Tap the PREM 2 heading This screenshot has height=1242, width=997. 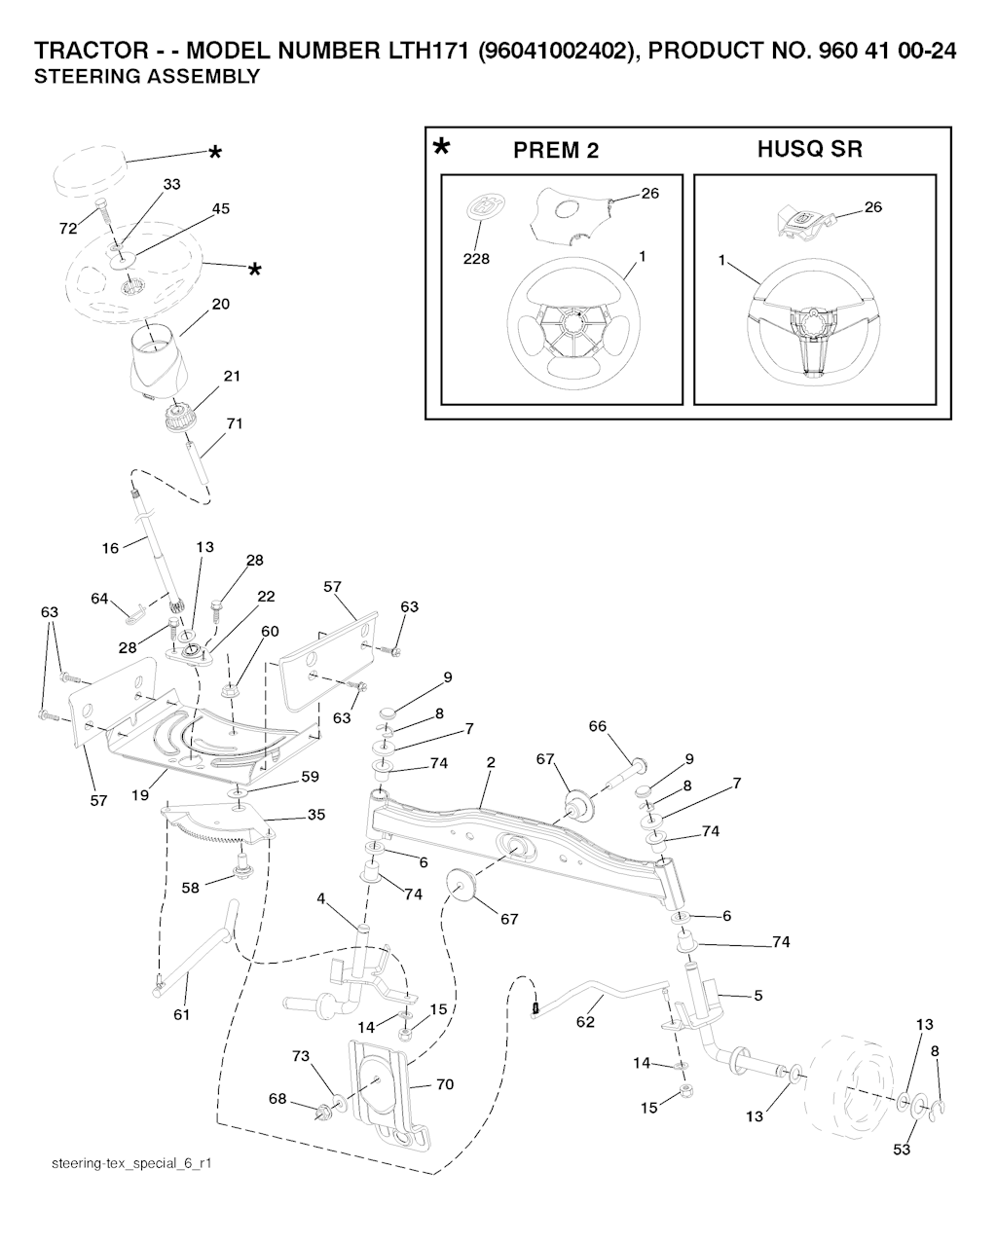click(x=556, y=151)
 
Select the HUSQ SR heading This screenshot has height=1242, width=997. click(x=809, y=150)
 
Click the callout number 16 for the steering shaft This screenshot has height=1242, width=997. click(x=111, y=548)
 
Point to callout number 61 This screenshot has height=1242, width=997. click(x=181, y=1014)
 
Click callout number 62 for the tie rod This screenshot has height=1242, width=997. click(x=585, y=1023)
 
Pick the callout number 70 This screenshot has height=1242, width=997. click(x=445, y=1083)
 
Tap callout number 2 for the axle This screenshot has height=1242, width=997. click(x=491, y=763)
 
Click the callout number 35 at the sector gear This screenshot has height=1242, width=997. click(x=316, y=815)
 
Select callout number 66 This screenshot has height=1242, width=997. click(x=598, y=726)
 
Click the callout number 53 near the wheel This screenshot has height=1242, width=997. click(x=902, y=1149)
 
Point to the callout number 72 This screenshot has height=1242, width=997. click(x=67, y=229)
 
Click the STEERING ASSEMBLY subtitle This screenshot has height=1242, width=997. click(x=147, y=77)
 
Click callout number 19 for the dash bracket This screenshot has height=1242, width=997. click(x=140, y=795)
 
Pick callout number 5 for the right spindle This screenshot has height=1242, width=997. click(x=758, y=995)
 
